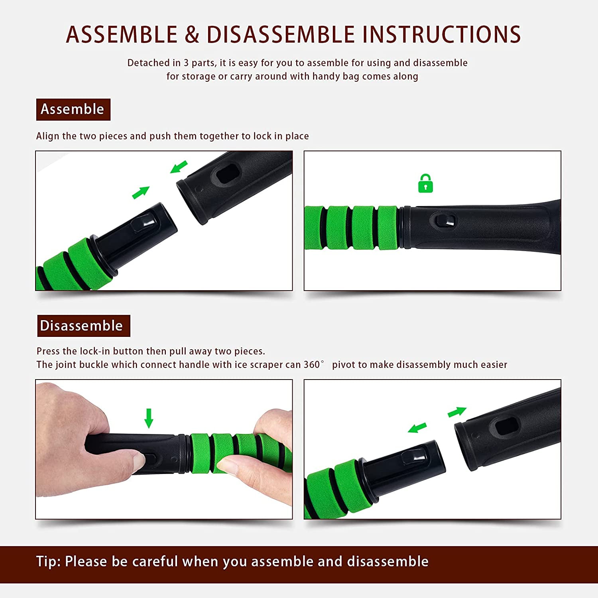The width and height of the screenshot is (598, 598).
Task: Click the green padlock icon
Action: [425, 184]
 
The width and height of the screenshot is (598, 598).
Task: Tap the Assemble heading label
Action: [73, 109]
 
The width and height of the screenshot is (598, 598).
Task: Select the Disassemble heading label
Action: [84, 326]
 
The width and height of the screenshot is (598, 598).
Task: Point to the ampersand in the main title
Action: [192, 34]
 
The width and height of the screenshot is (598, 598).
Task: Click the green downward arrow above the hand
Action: [149, 418]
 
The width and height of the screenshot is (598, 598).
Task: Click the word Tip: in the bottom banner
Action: [48, 561]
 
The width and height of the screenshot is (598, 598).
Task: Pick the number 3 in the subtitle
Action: [186, 63]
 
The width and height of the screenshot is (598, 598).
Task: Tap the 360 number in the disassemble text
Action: [312, 364]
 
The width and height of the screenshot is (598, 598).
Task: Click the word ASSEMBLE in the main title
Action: [122, 34]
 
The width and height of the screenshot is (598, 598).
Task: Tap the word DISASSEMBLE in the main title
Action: [281, 34]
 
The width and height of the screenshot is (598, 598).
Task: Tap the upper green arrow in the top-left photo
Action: [179, 167]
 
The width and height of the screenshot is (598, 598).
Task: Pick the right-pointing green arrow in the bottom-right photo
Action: [457, 412]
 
